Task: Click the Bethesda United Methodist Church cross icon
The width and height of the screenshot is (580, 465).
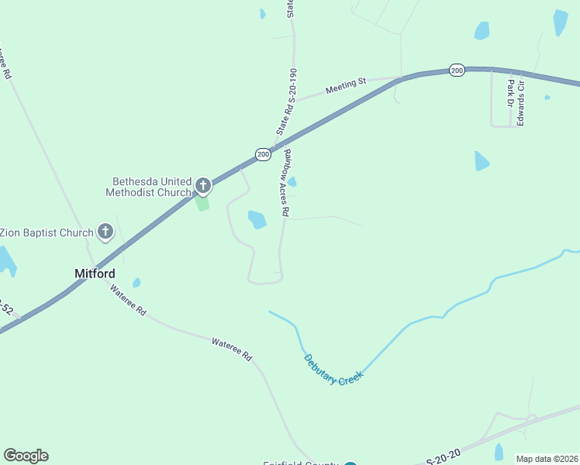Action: (x=203, y=185)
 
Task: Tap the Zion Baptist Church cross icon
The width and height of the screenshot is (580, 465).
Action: (x=106, y=231)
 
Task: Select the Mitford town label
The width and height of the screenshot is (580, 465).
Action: (x=95, y=274)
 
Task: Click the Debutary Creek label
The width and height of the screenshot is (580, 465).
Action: (x=333, y=370)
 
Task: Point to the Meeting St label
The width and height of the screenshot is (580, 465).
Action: (x=345, y=85)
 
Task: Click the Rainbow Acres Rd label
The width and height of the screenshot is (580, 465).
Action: (x=285, y=182)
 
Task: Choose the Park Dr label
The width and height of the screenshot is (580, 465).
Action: (x=509, y=92)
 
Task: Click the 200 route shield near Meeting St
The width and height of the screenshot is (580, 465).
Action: (x=457, y=71)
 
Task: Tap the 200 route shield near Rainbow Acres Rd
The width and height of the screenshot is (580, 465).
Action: (x=264, y=154)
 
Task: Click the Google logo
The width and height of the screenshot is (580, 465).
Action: (x=26, y=456)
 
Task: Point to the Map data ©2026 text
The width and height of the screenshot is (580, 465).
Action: (x=547, y=459)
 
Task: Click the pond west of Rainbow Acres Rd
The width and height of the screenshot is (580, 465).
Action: (x=257, y=219)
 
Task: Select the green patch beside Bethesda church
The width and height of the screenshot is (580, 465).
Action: (x=202, y=203)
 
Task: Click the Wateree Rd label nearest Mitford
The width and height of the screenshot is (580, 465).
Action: (x=128, y=301)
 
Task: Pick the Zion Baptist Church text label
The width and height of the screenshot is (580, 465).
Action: (x=47, y=232)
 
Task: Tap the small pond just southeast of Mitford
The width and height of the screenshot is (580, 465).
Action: (x=136, y=283)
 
